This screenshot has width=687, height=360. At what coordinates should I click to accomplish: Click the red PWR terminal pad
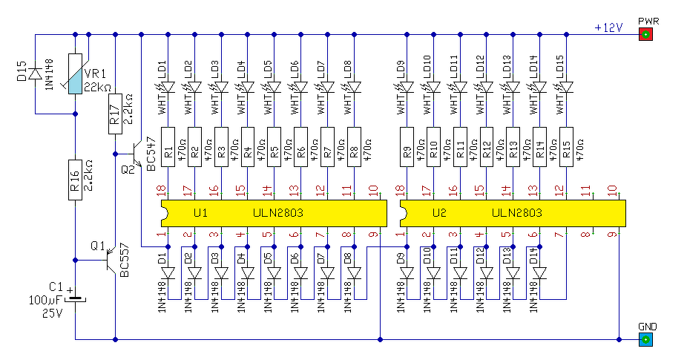click(645, 35)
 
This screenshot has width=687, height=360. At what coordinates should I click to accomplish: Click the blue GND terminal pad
click(645, 340)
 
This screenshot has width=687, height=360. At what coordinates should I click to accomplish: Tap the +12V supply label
click(608, 27)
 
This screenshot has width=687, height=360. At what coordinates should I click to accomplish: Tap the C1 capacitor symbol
click(75, 300)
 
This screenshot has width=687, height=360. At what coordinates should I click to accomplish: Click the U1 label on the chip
click(200, 213)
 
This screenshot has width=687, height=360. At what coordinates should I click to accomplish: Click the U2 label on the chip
click(439, 213)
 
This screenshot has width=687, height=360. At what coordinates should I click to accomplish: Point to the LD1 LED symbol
click(168, 88)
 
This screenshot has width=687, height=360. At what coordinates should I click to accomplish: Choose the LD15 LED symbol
click(566, 88)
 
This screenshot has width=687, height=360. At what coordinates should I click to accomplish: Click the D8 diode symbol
click(354, 273)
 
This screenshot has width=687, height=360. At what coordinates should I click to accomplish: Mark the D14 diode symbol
click(539, 273)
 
